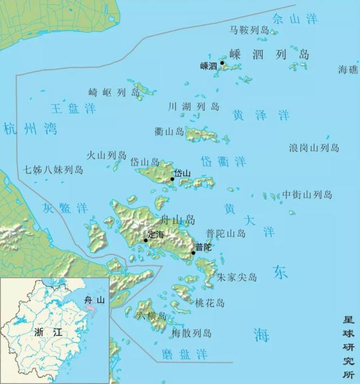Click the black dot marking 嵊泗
point(222,63)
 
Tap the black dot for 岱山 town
point(173,179)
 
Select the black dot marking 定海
point(146,241)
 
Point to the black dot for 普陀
point(193,253)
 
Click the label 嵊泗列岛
point(269,55)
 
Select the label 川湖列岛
point(193,106)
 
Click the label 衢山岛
point(169,132)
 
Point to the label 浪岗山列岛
point(314,148)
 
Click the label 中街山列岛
point(307,195)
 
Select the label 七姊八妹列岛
point(53,169)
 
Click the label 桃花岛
point(209,303)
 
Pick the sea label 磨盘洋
point(184,354)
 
